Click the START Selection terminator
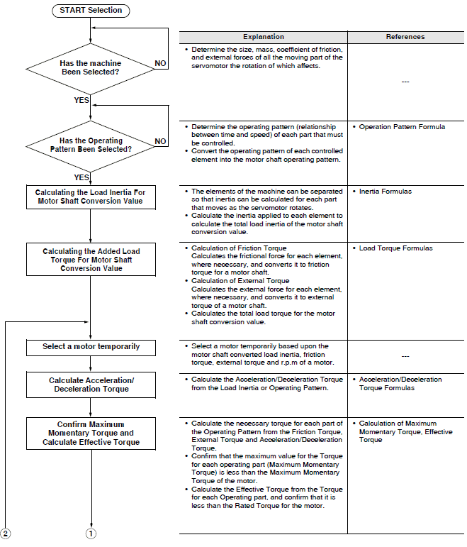91,11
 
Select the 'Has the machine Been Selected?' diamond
90,69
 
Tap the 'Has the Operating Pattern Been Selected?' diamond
90,146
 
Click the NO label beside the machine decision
160,63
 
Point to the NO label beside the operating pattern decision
160,141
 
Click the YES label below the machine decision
81,100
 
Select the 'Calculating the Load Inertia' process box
91,197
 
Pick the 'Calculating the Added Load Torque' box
91,260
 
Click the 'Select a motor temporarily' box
91,348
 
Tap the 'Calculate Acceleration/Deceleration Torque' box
91,385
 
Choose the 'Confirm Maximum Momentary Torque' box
91,433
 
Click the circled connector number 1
91,534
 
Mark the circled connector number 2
5,534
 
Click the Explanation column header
264,37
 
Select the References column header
405,37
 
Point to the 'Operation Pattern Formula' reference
403,127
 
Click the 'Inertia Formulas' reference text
386,192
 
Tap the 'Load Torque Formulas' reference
396,248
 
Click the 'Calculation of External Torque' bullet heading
240,281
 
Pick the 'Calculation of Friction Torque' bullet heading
239,248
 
